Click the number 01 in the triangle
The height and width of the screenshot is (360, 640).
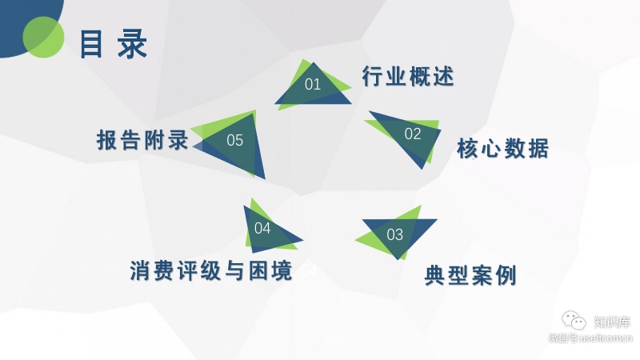[x=313, y=84]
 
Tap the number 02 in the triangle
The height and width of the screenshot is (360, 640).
[x=412, y=134]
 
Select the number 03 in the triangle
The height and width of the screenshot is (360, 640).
[x=395, y=235]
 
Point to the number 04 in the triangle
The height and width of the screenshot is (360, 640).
[x=262, y=229]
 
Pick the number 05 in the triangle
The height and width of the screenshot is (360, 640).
[x=234, y=142]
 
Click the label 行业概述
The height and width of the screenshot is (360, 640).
[x=408, y=77]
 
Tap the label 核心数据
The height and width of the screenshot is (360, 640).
[x=503, y=149]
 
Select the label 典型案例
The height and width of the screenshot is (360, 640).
[x=470, y=276]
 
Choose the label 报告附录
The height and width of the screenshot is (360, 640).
[x=142, y=141]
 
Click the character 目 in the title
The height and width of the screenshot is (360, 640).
[x=92, y=45]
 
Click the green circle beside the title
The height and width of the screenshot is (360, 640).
[x=43, y=38]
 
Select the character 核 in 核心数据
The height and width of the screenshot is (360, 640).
[x=468, y=149]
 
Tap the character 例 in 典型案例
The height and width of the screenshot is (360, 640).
[x=506, y=276]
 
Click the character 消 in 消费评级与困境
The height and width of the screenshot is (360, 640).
[x=141, y=270]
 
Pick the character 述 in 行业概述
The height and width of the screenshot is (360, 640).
[x=443, y=77]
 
